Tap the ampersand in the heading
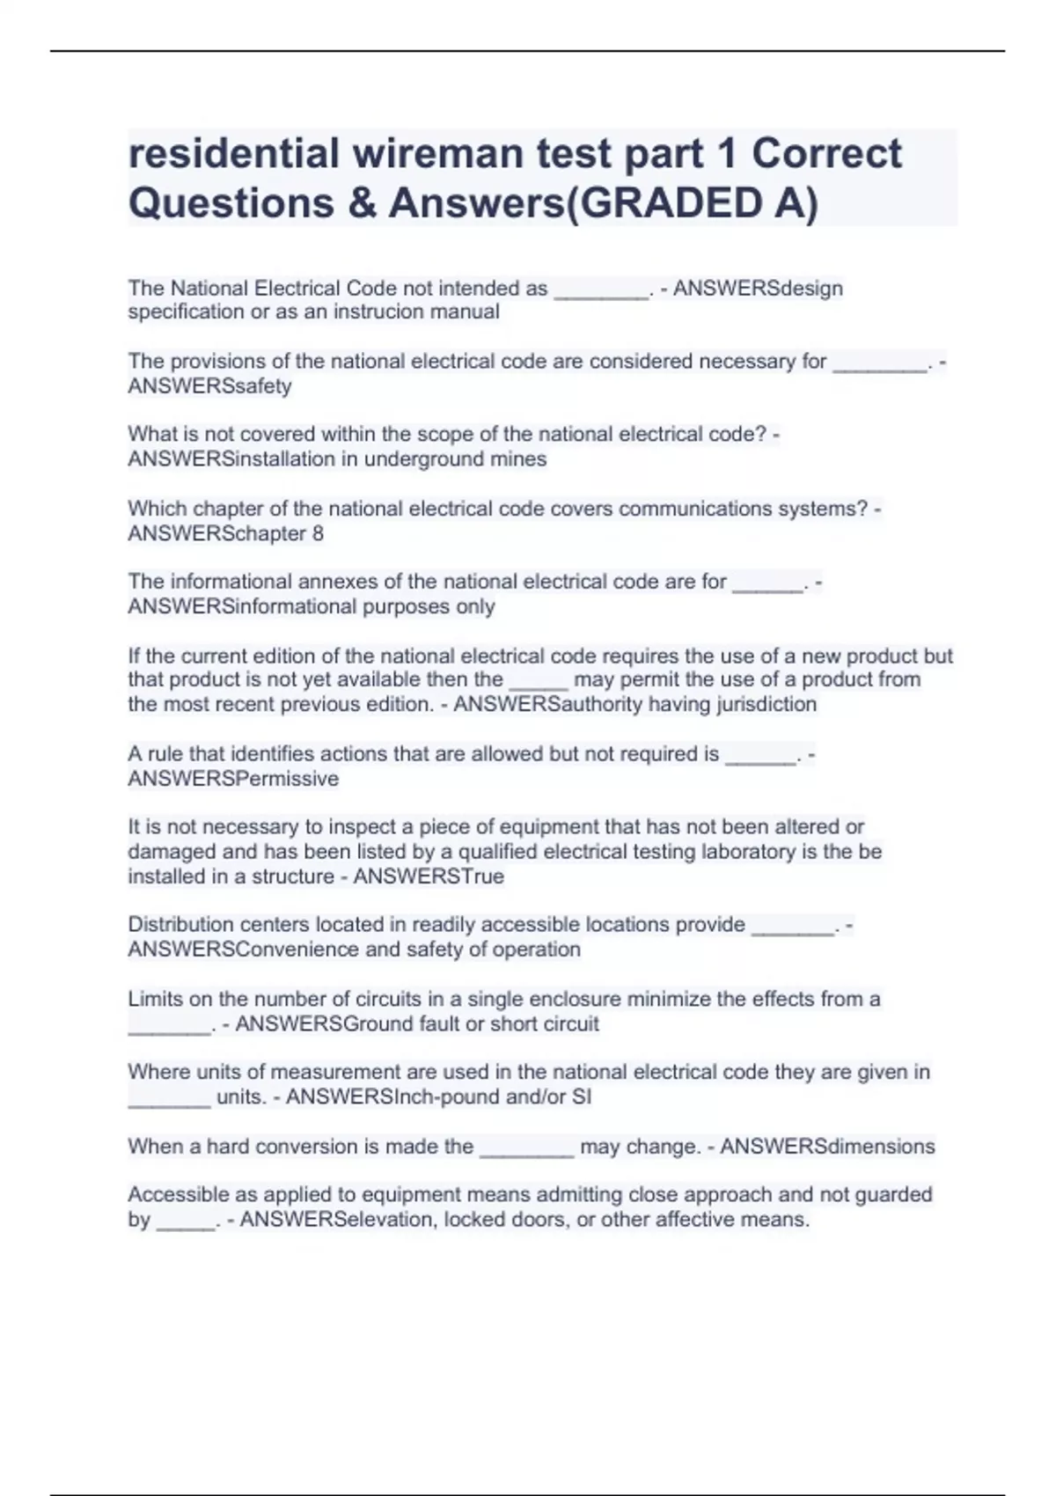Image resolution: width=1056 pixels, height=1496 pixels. coord(361,203)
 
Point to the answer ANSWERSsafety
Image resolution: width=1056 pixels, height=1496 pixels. coord(209,385)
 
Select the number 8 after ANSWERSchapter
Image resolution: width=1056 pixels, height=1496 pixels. coord(318,533)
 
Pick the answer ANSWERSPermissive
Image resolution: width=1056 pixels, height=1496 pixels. coord(233,779)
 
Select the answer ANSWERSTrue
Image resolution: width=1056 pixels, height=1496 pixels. coord(429,876)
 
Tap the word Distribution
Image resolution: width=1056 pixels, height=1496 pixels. coord(180,925)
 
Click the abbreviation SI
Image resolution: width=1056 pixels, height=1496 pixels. coord(582,1097)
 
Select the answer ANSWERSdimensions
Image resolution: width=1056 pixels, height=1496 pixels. coord(827,1147)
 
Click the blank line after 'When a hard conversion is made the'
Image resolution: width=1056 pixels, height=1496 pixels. coord(526,1149)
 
